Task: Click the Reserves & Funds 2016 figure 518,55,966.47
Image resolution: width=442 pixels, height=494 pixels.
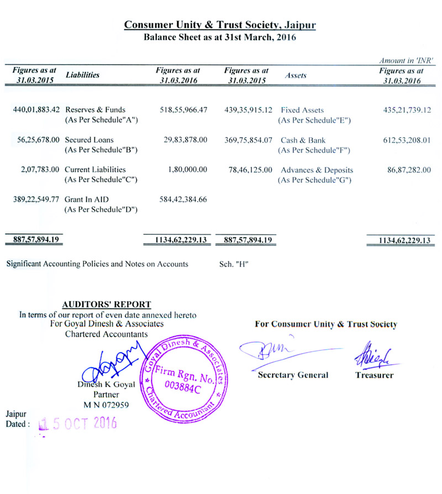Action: tap(181, 110)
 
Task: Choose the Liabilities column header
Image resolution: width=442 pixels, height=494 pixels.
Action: tap(82, 75)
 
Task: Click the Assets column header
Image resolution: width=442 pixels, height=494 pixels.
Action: tap(296, 76)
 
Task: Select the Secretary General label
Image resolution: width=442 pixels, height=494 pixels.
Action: tap(293, 375)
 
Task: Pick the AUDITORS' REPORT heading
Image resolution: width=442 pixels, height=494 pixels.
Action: tap(107, 304)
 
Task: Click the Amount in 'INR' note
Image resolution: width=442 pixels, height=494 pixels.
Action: tap(406, 60)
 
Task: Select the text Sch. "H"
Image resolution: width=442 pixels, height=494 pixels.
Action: tap(233, 264)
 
